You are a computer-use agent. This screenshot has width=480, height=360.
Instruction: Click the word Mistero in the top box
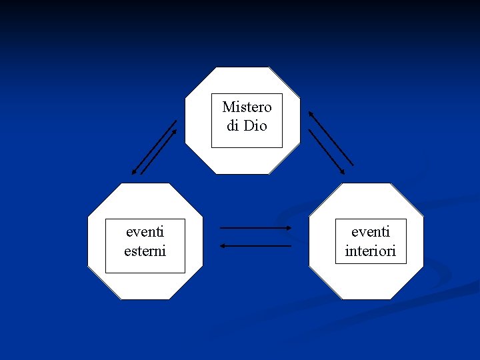click(247, 107)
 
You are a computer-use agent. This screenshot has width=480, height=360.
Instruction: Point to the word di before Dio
click(233, 125)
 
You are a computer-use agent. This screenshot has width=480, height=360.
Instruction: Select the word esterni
click(145, 251)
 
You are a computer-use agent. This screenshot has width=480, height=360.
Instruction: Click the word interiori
click(370, 251)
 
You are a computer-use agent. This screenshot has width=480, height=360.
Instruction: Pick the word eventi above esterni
click(145, 232)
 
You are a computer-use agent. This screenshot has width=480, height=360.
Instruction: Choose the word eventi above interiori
click(370, 232)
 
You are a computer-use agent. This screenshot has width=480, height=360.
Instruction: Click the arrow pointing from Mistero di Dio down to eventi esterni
click(154, 147)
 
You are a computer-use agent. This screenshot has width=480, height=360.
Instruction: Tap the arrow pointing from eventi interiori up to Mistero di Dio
click(331, 138)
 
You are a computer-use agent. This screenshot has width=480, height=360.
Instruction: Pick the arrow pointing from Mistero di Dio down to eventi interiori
click(327, 152)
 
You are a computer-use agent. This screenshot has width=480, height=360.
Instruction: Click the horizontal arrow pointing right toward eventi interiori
click(255, 228)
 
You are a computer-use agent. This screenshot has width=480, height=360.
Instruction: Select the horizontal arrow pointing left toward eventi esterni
click(255, 246)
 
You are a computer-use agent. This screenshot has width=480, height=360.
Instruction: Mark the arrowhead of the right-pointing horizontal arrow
click(289, 228)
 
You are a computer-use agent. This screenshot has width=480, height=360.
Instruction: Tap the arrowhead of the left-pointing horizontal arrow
click(223, 246)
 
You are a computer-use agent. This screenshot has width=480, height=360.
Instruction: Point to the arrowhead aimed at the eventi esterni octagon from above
click(134, 173)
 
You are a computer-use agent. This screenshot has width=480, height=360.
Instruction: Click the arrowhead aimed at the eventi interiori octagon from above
click(343, 173)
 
